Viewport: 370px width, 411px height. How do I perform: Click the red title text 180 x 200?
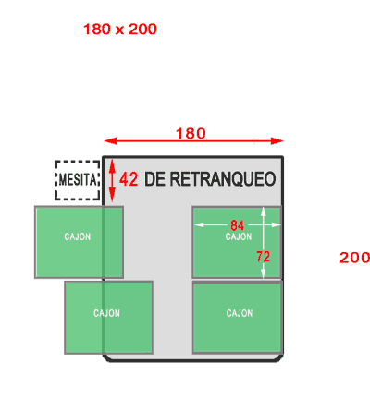click(120, 30)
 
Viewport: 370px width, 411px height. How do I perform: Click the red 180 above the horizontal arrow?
click(191, 134)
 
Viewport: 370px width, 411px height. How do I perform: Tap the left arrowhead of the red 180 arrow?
click(110, 141)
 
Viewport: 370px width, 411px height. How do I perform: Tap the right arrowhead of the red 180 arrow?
click(277, 141)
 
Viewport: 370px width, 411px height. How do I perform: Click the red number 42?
click(129, 179)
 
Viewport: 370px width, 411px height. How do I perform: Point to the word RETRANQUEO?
click(223, 179)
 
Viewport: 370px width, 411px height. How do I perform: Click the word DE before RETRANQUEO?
click(155, 179)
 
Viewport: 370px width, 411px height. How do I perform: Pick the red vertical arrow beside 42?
click(112, 180)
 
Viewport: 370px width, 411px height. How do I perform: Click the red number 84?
click(237, 225)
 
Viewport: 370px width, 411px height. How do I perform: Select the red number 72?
click(263, 257)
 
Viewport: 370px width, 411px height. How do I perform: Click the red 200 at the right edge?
click(354, 258)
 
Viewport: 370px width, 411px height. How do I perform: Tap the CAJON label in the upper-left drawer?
click(78, 236)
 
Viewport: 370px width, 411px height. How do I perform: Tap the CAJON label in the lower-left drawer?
click(106, 313)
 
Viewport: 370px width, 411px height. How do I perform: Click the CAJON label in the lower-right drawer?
click(240, 313)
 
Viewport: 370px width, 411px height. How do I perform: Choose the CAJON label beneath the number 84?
click(239, 236)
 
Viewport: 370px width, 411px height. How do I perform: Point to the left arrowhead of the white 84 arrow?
click(199, 224)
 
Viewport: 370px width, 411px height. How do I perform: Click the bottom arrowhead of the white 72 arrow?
click(263, 273)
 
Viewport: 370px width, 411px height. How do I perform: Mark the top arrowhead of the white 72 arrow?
click(263, 212)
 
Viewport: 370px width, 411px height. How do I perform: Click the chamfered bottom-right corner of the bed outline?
click(280, 358)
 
